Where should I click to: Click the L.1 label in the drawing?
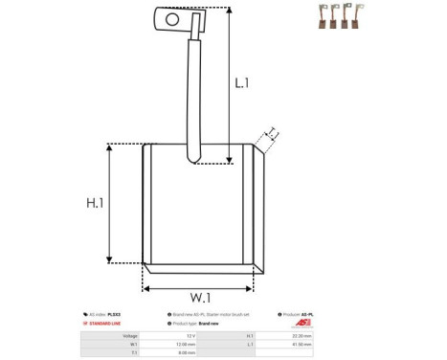coord(241,83)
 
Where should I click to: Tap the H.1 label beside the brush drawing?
coord(95,203)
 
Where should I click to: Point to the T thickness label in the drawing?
coord(272,132)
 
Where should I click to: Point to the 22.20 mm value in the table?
coord(299,336)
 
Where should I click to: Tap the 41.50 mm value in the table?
coord(299,345)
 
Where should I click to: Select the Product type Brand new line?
coord(196,325)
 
